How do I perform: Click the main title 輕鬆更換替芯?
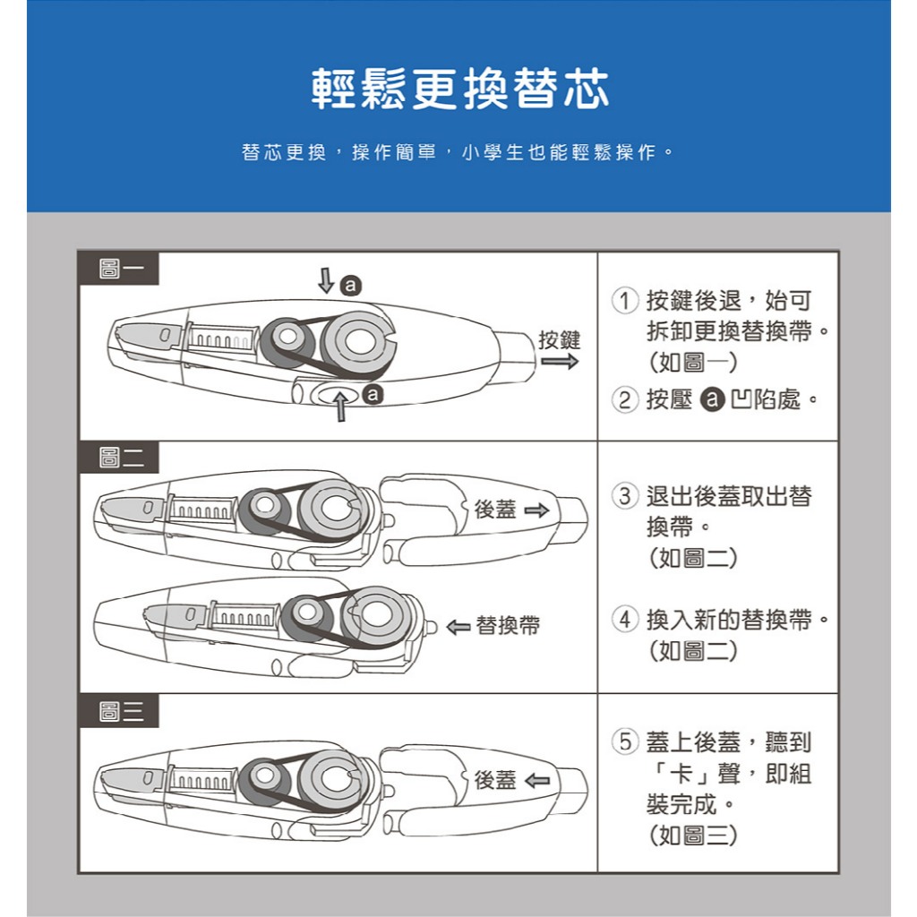459,89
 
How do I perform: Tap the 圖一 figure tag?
119,269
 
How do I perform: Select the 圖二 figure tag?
119,457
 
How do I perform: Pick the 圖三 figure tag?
119,711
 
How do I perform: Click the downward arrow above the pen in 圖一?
326,280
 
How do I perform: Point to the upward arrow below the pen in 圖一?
341,407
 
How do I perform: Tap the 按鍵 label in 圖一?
560,339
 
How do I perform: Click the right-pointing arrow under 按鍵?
560,362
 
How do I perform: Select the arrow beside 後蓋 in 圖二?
537,510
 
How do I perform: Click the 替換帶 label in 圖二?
508,626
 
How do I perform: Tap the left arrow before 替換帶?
458,627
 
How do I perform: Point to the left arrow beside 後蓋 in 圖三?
537,780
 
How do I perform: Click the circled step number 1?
624,301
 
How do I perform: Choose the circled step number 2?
624,400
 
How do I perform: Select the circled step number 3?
624,496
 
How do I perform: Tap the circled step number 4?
624,619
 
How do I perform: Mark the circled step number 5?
624,741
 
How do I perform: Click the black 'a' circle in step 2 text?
712,400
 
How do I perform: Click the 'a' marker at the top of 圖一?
350,286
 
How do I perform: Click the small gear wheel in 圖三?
265,776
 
